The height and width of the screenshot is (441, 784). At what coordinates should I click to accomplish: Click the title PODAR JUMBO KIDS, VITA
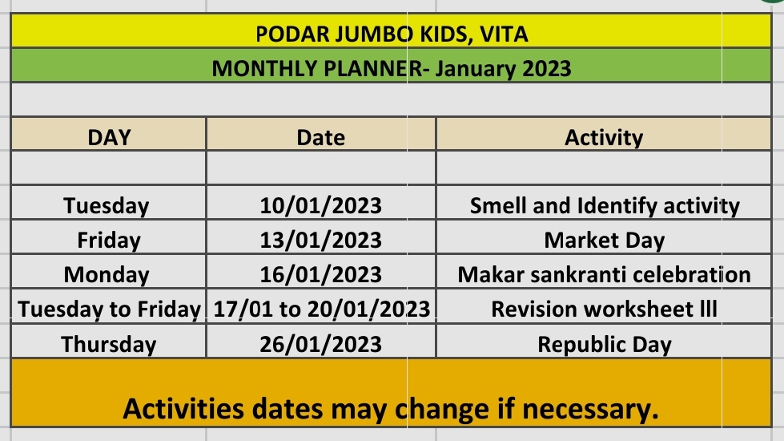[x=392, y=34]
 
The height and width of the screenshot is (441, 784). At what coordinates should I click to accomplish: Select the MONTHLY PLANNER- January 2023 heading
[x=392, y=69]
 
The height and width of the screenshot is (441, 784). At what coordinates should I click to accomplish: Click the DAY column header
[x=109, y=137]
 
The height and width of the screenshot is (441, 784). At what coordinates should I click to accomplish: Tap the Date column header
[x=320, y=137]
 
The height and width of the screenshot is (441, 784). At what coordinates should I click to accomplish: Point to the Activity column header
[x=604, y=138]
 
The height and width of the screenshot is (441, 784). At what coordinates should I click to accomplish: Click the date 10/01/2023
[x=320, y=206]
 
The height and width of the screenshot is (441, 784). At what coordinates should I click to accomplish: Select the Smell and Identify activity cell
[x=605, y=206]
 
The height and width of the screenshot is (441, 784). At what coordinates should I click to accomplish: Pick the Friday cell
[x=108, y=241]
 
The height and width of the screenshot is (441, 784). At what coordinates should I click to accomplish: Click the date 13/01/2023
[x=320, y=241]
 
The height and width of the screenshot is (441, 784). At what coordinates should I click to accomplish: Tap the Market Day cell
[x=604, y=241]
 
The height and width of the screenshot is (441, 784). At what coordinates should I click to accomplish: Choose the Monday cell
[x=107, y=275]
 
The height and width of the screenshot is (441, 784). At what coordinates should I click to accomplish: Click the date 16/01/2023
[x=320, y=275]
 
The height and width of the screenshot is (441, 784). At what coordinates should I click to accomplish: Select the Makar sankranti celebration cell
[x=604, y=275]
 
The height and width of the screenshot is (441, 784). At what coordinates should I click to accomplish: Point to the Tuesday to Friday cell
[x=109, y=310]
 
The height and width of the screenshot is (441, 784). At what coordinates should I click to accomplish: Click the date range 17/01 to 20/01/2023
[x=321, y=310]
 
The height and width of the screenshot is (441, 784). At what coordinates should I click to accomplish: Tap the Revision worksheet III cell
[x=604, y=310]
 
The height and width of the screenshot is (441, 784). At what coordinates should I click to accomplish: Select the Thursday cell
[x=108, y=345]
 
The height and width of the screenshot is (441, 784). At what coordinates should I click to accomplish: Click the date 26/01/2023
[x=320, y=345]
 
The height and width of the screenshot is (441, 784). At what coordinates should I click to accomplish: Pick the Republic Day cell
[x=604, y=345]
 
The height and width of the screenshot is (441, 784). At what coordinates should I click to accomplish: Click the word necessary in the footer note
[x=590, y=409]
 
